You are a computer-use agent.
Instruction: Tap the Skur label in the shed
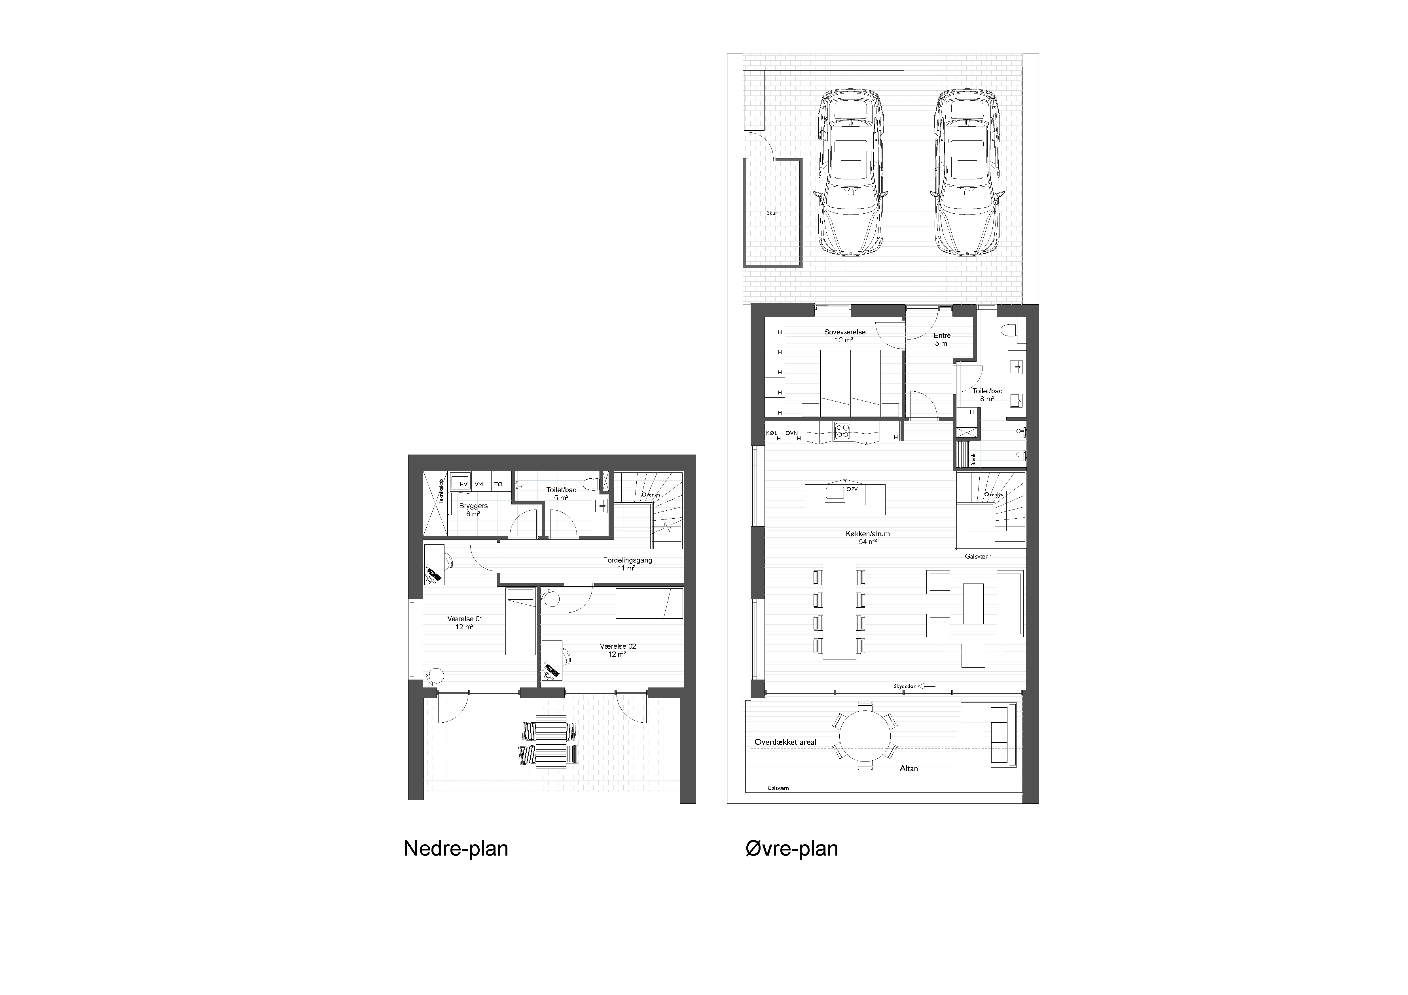[x=772, y=213]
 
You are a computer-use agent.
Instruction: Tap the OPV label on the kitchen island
[x=852, y=489]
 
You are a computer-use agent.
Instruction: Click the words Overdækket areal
[x=785, y=742]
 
